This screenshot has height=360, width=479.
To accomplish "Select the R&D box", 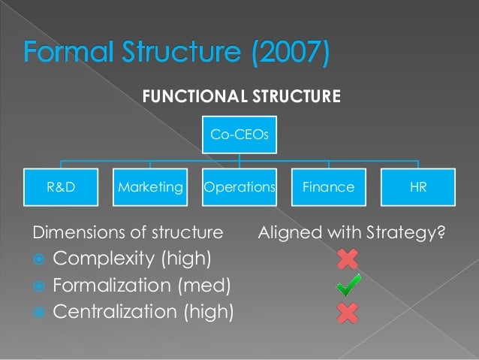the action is pyautogui.click(x=61, y=187).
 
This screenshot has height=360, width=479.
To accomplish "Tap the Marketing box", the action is pyautogui.click(x=150, y=187).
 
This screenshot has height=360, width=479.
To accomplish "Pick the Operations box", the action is pyautogui.click(x=239, y=187).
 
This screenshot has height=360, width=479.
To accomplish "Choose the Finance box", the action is pyautogui.click(x=328, y=187).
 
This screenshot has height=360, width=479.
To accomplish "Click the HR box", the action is pyautogui.click(x=418, y=187).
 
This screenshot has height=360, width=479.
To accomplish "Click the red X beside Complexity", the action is pyautogui.click(x=348, y=259).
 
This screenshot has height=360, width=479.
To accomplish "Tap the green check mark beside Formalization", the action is pyautogui.click(x=348, y=285).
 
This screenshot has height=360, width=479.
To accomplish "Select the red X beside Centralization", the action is pyautogui.click(x=348, y=310).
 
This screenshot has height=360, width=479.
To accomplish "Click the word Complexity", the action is pyautogui.click(x=104, y=260).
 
